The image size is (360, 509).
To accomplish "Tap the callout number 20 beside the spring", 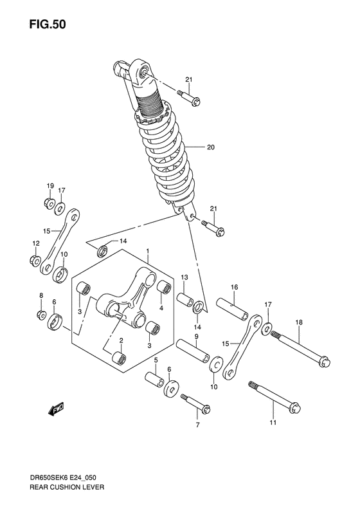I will point(210,147).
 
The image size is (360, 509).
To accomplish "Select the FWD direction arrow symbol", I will point(55,407).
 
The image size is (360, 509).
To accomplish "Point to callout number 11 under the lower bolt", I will point(273,422).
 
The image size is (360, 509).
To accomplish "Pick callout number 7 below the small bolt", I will point(198,425).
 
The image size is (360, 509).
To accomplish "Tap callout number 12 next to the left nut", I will point(36,243).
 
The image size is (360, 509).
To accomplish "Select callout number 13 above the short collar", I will point(183,277).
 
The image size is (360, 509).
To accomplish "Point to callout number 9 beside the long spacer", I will point(197,337).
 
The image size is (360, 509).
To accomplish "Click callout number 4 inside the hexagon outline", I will point(161,307).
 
